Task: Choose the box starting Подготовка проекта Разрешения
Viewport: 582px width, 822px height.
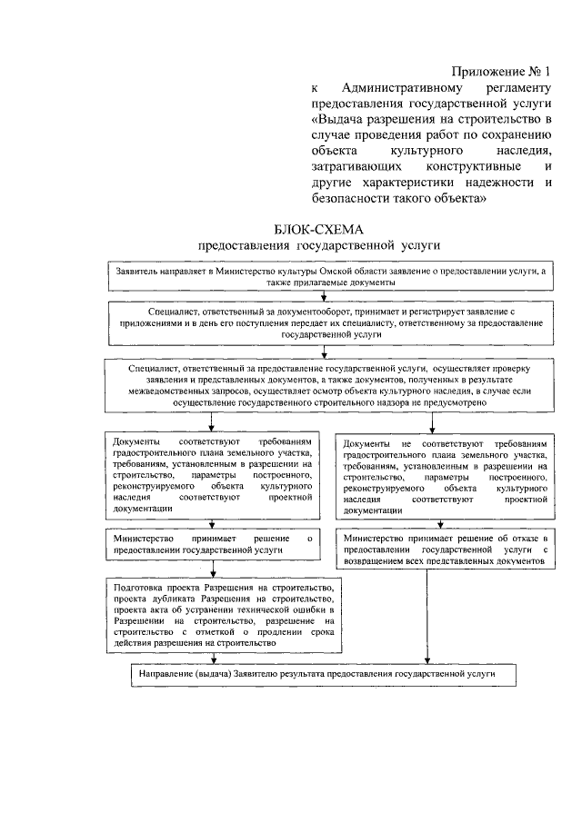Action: point(225,615)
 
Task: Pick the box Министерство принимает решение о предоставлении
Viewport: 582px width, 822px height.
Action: point(213,545)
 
